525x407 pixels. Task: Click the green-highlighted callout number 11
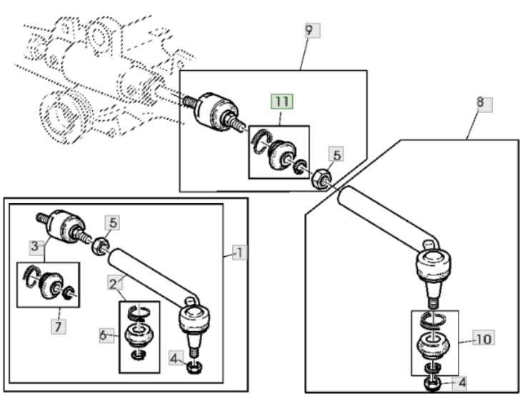282,102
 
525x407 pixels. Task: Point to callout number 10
484,338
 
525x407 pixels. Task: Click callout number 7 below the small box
59,326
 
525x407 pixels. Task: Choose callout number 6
104,335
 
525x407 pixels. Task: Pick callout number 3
35,246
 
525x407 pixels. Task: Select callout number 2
114,283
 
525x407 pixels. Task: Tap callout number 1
240,252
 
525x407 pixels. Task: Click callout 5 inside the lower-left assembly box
113,223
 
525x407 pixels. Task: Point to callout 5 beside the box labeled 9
336,155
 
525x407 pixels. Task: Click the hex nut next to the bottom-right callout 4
432,384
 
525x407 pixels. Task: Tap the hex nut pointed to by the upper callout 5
321,179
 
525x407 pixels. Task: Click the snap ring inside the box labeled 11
262,141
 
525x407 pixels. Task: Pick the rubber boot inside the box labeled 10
434,345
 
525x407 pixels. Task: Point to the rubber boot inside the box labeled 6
139,335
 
